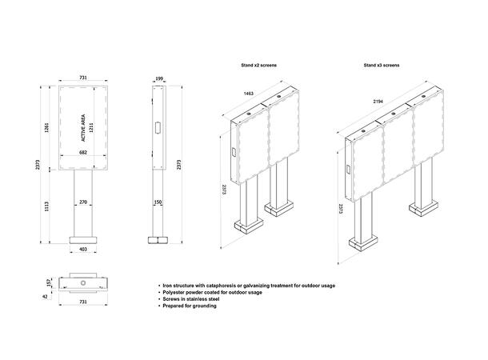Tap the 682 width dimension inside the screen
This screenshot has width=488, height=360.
pyautogui.click(x=82, y=152)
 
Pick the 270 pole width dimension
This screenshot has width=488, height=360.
pyautogui.click(x=82, y=202)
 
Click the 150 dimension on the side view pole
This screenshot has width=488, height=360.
pyautogui.click(x=158, y=202)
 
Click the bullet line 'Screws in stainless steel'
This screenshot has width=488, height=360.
pyautogui.click(x=196, y=299)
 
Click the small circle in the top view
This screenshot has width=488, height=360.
pyautogui.click(x=82, y=283)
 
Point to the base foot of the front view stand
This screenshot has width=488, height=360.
pyautogui.click(x=82, y=239)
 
